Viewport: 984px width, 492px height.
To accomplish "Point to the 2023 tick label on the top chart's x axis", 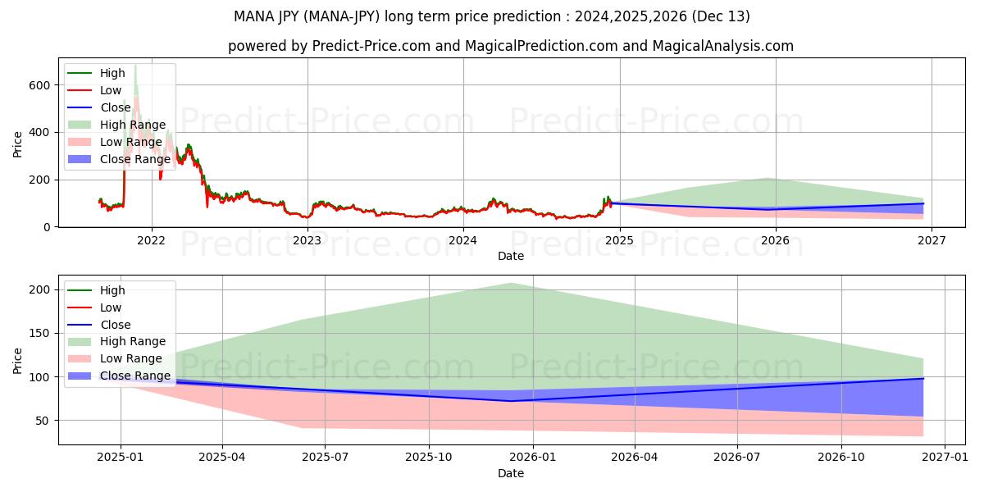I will (307, 241).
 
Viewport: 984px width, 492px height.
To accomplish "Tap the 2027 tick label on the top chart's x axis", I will (932, 241).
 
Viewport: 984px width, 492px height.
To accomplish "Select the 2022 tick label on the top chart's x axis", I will (151, 241).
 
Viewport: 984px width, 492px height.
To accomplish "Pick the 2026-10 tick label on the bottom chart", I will (842, 458).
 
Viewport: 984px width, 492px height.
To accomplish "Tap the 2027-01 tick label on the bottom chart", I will (945, 458).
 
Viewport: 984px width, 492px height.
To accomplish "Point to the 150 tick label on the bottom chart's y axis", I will (41, 334).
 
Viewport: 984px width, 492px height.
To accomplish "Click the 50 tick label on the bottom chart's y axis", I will (44, 421).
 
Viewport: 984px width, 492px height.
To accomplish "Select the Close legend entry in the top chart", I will (116, 107).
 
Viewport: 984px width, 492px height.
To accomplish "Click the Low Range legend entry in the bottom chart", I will (131, 358).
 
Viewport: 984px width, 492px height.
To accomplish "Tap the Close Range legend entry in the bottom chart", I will (135, 376).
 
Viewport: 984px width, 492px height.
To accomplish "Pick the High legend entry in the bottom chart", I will (112, 290).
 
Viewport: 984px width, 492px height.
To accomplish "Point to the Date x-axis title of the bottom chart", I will (511, 473).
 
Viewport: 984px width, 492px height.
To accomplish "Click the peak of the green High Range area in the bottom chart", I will (511, 284).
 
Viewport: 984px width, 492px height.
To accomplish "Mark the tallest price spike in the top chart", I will (135, 66).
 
